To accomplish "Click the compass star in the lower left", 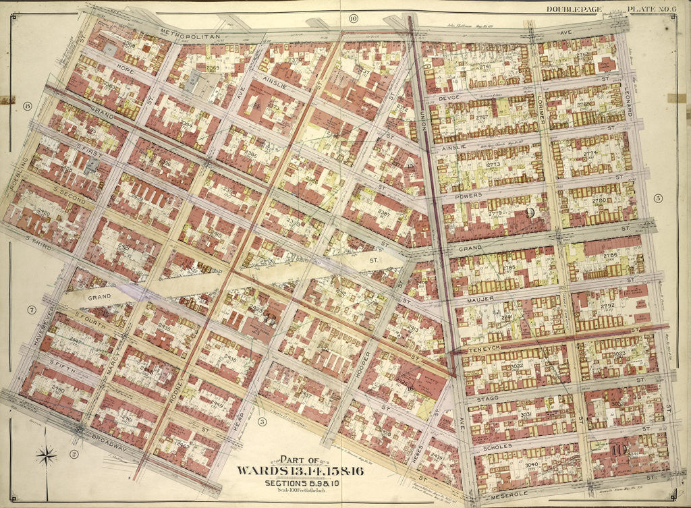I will click(x=47, y=456).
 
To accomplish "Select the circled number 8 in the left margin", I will click(x=28, y=106).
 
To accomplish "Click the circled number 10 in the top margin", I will click(x=354, y=18).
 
